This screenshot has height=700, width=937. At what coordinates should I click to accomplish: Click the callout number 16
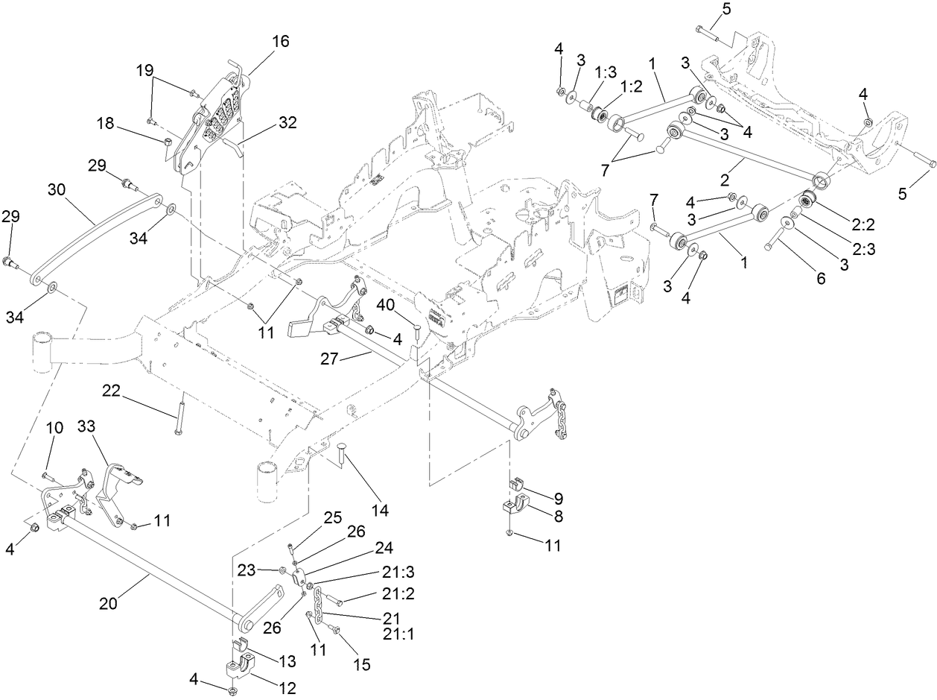280,41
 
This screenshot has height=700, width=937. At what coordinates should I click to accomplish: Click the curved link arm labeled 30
97,239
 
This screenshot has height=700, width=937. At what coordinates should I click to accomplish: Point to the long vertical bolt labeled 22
180,417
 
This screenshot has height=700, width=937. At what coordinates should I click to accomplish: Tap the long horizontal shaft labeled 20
149,570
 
